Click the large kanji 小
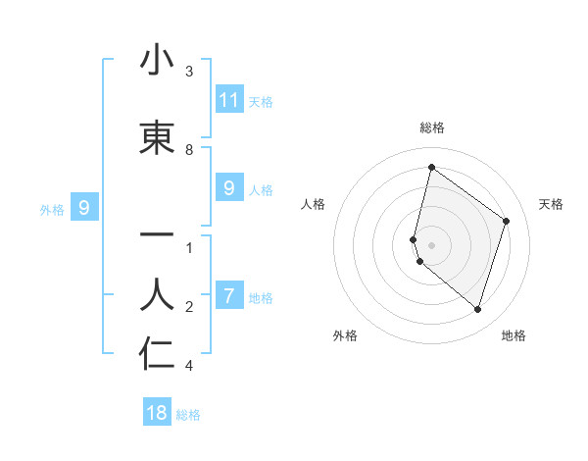157,60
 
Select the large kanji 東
157,138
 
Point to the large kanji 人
157,294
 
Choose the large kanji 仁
157,353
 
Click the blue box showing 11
229,100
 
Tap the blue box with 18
157,413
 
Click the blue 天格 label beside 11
261,102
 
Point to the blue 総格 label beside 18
188,415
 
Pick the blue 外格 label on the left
52,209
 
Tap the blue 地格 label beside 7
261,298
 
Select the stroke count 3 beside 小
189,72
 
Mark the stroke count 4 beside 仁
189,366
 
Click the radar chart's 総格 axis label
431,128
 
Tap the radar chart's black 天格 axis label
551,204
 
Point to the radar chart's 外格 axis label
345,335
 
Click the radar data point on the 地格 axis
477,310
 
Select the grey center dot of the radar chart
431,245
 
